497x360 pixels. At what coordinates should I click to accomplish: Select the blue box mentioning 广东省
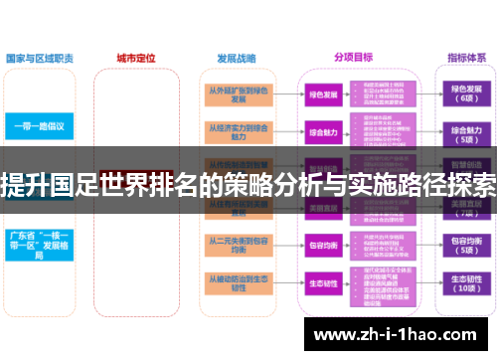click(40, 245)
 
